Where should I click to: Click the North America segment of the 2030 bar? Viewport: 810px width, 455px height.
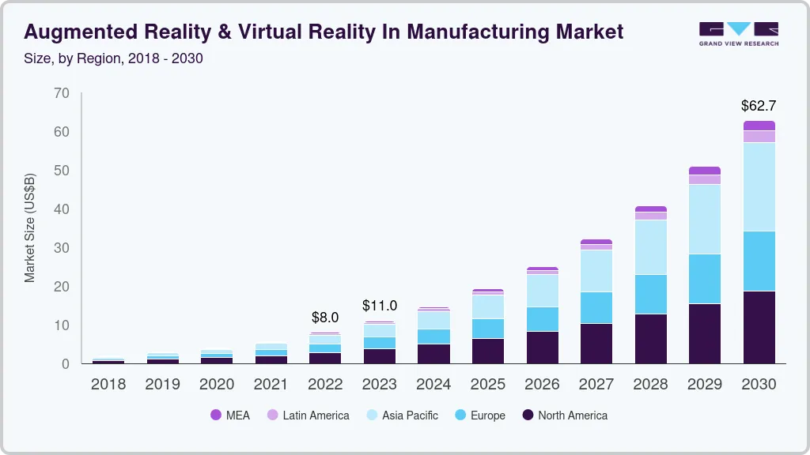pos(759,327)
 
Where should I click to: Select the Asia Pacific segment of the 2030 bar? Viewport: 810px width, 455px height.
pos(759,186)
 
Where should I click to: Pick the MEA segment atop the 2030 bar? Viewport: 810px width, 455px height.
pos(759,126)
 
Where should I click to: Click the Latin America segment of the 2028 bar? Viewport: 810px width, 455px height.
pos(650,216)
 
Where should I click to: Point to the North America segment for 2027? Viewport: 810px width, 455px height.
pos(596,343)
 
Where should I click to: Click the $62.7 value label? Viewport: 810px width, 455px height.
pos(759,105)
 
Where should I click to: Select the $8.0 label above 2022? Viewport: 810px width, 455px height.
pos(325,318)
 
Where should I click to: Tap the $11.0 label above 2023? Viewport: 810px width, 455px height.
pos(379,306)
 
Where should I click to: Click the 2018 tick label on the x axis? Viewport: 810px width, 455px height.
pos(108,385)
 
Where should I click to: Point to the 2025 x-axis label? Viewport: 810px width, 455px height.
pos(487,385)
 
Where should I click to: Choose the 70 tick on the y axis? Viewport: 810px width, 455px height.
pos(61,93)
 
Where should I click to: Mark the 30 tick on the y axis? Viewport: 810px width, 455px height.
pos(61,248)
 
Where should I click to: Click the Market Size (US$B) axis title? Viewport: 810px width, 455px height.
pos(30,227)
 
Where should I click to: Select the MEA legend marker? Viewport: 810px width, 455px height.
pos(216,415)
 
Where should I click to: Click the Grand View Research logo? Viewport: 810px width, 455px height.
pos(738,33)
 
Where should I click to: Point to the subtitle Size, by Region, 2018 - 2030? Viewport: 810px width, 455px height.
pos(113,58)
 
